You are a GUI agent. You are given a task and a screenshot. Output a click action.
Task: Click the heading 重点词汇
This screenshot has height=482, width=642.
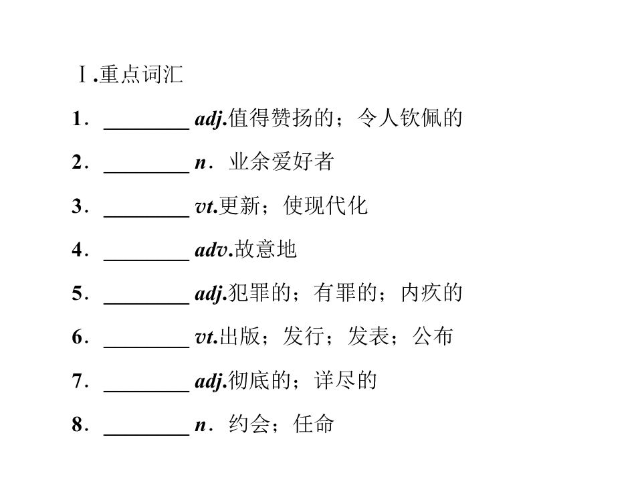(x=141, y=74)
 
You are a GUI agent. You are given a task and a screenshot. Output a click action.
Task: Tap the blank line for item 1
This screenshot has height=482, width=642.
(x=146, y=129)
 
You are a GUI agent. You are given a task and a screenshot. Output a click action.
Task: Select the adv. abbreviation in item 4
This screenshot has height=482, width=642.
(x=214, y=250)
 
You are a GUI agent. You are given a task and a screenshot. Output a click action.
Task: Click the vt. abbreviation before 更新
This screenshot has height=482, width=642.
(x=207, y=206)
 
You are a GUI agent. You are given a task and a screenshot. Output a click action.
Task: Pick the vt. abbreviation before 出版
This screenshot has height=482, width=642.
(x=207, y=337)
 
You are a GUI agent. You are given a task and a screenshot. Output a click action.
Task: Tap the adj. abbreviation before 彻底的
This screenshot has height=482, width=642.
(x=211, y=381)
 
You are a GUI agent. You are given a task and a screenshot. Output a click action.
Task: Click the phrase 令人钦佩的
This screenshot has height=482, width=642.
(x=409, y=118)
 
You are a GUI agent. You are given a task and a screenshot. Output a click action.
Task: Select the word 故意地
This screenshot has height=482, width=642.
(x=265, y=249)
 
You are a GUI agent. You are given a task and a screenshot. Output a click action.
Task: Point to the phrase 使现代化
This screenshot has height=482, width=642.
(x=325, y=206)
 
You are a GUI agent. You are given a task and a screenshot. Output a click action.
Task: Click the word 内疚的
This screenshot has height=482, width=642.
(x=431, y=293)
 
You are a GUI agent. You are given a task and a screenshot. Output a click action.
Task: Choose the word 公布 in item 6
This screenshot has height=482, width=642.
(x=433, y=337)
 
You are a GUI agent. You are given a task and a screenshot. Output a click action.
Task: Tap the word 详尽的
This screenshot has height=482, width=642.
(x=346, y=380)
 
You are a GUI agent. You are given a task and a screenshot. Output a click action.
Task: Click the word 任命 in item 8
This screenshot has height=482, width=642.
(x=314, y=424)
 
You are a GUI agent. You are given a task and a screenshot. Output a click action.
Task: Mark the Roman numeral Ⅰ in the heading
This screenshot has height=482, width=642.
(x=82, y=74)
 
